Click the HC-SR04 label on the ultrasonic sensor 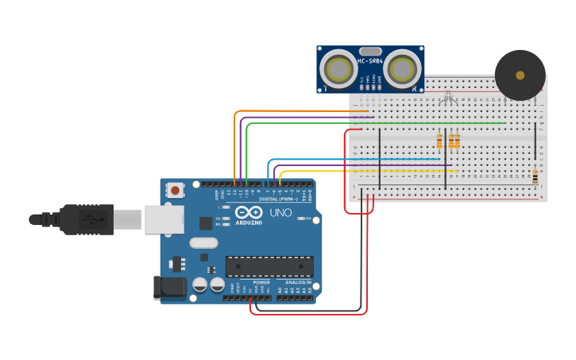[x=371, y=60]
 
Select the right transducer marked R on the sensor [x=404, y=70]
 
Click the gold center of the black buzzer [x=520, y=75]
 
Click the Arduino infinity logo [x=248, y=213]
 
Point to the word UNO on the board [x=280, y=213]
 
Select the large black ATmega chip [x=269, y=267]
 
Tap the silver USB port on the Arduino [x=164, y=219]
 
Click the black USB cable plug [x=87, y=219]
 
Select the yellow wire [x=365, y=171]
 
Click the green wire [x=373, y=123]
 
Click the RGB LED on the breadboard [x=448, y=99]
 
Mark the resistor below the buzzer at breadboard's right [x=535, y=176]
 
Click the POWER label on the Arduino [x=261, y=282]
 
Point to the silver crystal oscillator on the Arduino [x=203, y=243]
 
